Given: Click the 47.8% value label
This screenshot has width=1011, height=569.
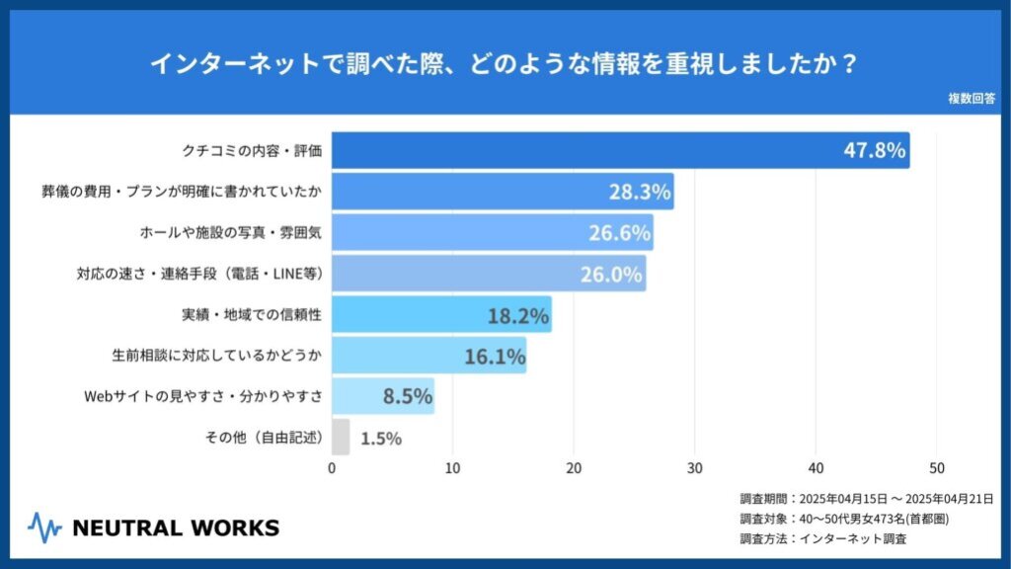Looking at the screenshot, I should coord(874,151).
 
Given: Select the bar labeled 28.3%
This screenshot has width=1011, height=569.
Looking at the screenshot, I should coord(502,192).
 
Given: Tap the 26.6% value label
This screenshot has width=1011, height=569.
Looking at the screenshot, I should coord(619,233).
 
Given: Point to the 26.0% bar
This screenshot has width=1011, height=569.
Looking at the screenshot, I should coord(488,274).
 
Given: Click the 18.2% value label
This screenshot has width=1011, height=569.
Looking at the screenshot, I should coord(517,315).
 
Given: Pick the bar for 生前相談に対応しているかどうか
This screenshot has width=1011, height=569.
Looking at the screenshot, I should coord(428,356).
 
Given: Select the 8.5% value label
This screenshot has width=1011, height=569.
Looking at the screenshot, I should coord(408,397).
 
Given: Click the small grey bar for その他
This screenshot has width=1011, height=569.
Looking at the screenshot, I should coord(341,438).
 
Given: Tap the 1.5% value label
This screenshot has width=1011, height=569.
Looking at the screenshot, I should coord(381,439).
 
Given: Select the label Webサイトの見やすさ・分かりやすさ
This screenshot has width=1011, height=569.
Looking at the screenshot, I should coord(204,397).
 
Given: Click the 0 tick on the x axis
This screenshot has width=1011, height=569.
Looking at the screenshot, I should coord(332,468).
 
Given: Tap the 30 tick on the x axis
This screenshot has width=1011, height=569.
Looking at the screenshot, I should coord(695,468).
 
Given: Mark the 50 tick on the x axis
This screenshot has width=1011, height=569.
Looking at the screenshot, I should coord(937,468).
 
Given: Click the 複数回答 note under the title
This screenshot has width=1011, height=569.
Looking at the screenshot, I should coord(972,99).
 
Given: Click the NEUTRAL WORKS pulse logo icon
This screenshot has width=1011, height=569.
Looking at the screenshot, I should coord(45,527).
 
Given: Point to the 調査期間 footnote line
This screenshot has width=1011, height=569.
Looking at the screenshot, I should coord(866,499).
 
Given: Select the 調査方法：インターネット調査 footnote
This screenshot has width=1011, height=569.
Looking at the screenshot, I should coord(823,539).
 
